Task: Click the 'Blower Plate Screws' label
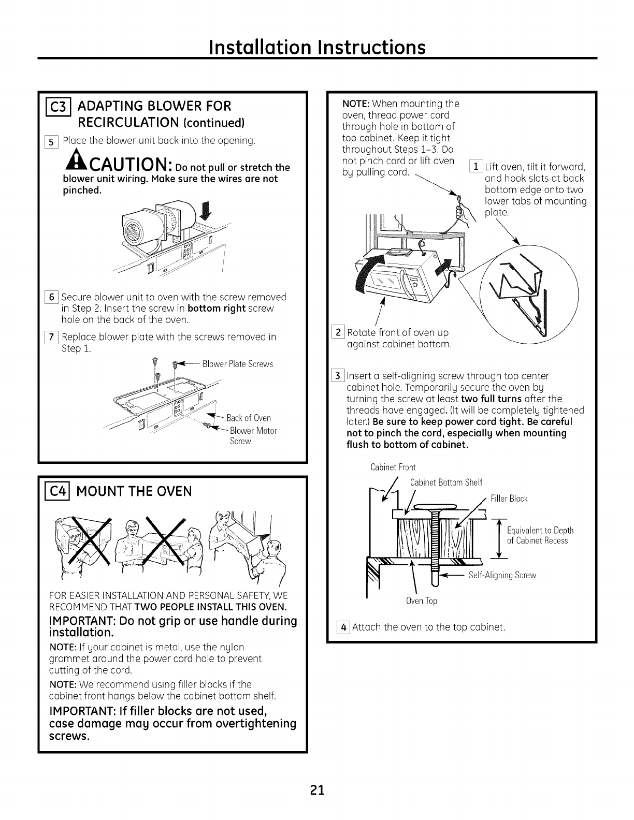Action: tap(238, 364)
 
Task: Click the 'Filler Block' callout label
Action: tap(509, 499)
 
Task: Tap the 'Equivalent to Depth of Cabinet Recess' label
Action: tap(540, 535)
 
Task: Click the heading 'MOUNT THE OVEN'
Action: tap(134, 491)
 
